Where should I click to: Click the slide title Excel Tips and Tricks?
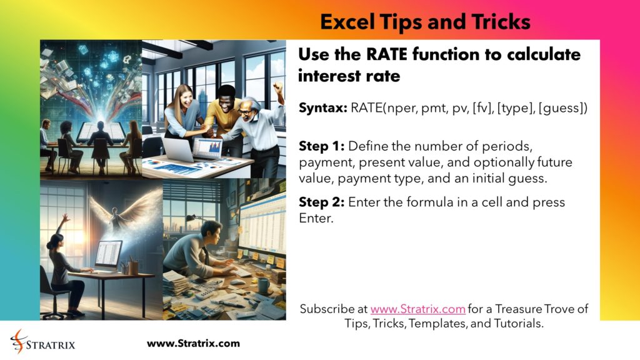(425, 22)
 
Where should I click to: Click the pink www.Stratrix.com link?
(417, 309)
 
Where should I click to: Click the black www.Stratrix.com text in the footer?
(193, 343)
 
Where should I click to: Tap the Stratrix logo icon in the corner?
(18, 342)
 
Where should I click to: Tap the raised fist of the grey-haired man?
(277, 88)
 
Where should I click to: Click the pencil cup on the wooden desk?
(133, 267)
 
